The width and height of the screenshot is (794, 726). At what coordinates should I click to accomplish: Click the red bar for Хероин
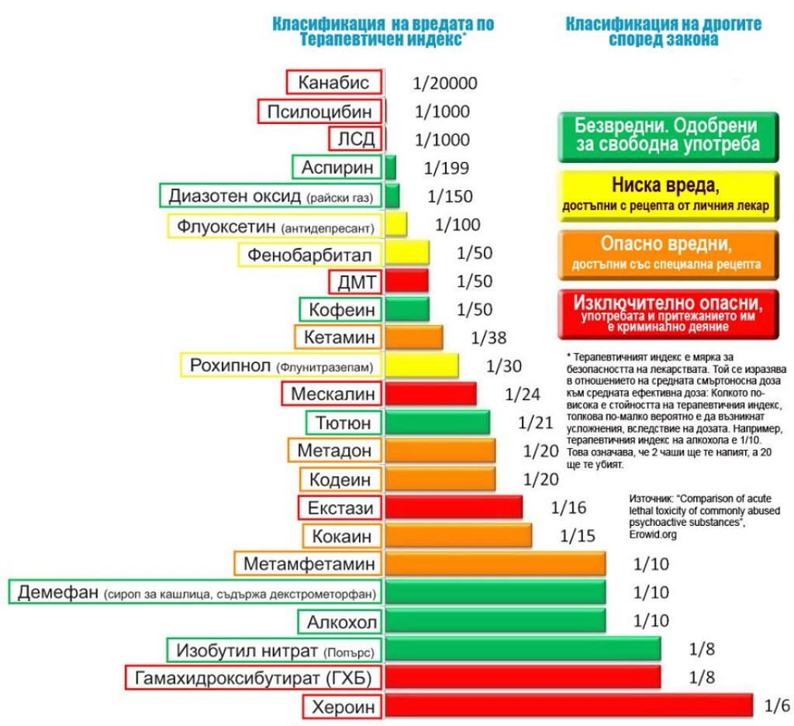[568, 706]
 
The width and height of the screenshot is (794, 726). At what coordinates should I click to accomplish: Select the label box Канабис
[334, 83]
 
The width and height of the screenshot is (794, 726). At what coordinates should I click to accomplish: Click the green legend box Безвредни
[666, 135]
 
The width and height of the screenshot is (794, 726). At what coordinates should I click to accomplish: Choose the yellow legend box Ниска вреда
[666, 193]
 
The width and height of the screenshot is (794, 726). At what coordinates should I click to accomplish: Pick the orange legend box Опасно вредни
[666, 253]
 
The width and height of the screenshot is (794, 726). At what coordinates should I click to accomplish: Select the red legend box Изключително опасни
[666, 313]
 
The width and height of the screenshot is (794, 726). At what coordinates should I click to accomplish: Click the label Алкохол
[341, 621]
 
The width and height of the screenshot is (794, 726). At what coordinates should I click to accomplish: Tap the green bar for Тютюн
[437, 423]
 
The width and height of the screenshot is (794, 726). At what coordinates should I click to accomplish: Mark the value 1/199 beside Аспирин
[447, 168]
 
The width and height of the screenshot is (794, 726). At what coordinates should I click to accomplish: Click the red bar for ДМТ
[406, 281]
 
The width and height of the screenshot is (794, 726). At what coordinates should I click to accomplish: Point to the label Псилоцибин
[320, 111]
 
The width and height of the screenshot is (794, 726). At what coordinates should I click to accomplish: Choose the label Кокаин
[341, 536]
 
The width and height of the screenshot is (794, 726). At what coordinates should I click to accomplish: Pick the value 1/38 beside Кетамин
[487, 337]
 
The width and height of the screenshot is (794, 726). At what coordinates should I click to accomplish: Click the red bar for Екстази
[454, 507]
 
